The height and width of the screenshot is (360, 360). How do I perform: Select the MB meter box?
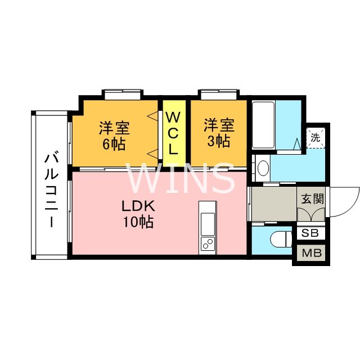point(310,253)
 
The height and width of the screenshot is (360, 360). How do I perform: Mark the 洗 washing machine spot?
point(315,137)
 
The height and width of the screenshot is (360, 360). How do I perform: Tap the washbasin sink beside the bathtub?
point(261,168)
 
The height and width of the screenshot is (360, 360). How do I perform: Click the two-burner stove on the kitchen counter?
point(207,243)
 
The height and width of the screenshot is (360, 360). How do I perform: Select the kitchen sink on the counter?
point(207,223)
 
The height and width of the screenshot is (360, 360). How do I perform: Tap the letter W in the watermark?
point(144,179)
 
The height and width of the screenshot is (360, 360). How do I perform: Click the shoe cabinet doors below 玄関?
point(310,215)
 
